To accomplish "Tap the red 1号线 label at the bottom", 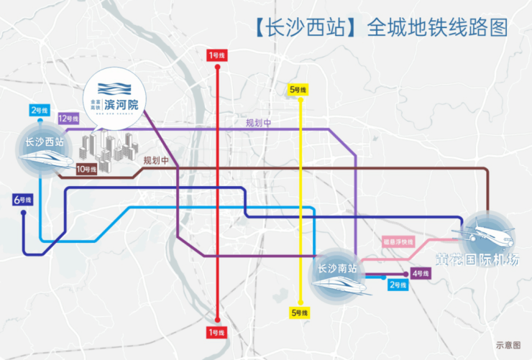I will (x=216, y=332).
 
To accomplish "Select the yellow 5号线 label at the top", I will (x=298, y=90).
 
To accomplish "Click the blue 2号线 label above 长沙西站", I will (x=39, y=111).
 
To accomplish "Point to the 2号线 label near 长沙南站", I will (x=398, y=285).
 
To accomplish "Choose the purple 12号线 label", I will (x=68, y=119).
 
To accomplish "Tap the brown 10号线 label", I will (x=86, y=170).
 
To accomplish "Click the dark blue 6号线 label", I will (x=22, y=200).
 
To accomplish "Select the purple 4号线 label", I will (x=421, y=274).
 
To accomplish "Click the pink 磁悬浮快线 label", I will (x=398, y=241).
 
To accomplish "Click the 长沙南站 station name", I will (x=337, y=269).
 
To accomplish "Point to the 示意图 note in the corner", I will (x=508, y=345).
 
